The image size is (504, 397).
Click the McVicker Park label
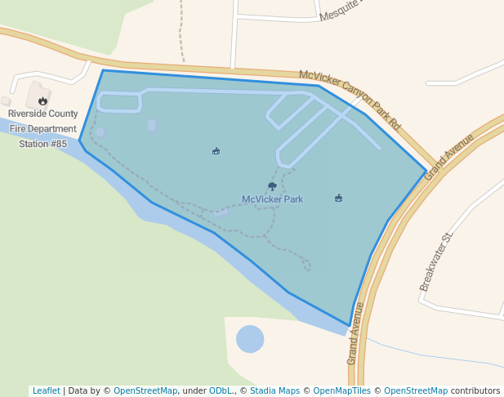tap(272, 199)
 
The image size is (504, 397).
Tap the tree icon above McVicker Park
tap(272, 186)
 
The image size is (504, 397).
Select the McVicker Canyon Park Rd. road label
tap(350, 100)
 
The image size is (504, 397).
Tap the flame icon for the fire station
tap(42, 101)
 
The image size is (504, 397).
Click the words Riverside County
tap(43, 114)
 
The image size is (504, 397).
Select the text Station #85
tap(43, 144)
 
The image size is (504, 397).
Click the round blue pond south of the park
tap(250, 338)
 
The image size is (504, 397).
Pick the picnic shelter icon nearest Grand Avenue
tap(338, 198)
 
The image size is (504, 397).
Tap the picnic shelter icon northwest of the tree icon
tap(216, 151)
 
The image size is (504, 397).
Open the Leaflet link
tap(46, 390)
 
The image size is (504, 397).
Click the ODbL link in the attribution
tap(221, 390)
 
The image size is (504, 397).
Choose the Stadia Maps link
tap(274, 390)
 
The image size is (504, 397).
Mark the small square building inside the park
tap(152, 125)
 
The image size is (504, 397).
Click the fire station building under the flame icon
tap(36, 93)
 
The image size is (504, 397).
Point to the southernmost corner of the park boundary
tap(350, 328)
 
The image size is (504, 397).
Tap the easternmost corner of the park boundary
tap(426, 172)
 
